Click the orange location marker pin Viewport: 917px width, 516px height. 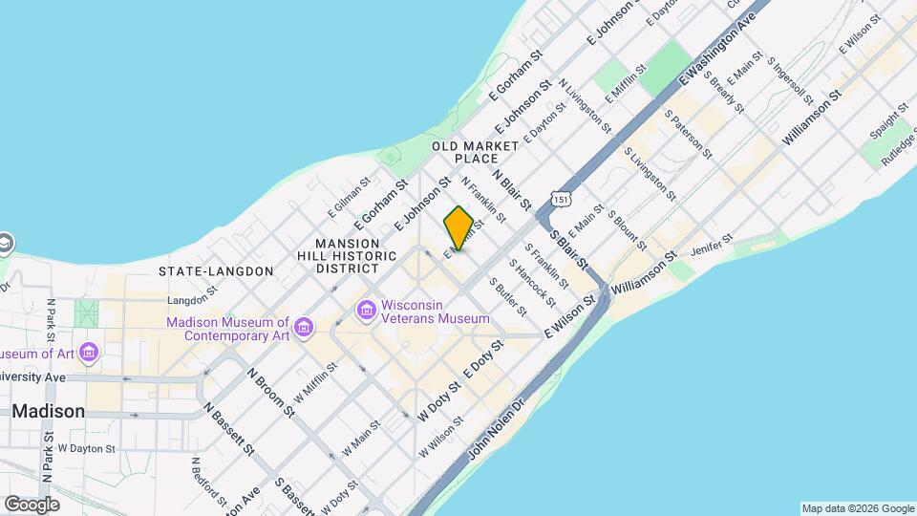(x=458, y=229)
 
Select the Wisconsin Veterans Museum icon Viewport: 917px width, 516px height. (x=366, y=311)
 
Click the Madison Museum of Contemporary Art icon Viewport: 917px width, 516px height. (x=304, y=329)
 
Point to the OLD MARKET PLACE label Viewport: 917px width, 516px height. (x=475, y=152)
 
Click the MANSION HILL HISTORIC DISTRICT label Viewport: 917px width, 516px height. (x=355, y=256)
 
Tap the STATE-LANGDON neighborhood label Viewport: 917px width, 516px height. (x=216, y=271)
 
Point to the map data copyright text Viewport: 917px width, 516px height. (x=856, y=508)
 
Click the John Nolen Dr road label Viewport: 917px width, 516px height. (x=497, y=432)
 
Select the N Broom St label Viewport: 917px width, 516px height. (x=271, y=392)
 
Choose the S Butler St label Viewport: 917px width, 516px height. (x=507, y=297)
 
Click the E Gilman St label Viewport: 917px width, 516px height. (x=348, y=196)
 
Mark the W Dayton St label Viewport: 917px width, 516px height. (x=86, y=448)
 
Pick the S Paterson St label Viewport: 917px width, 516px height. (x=689, y=135)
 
